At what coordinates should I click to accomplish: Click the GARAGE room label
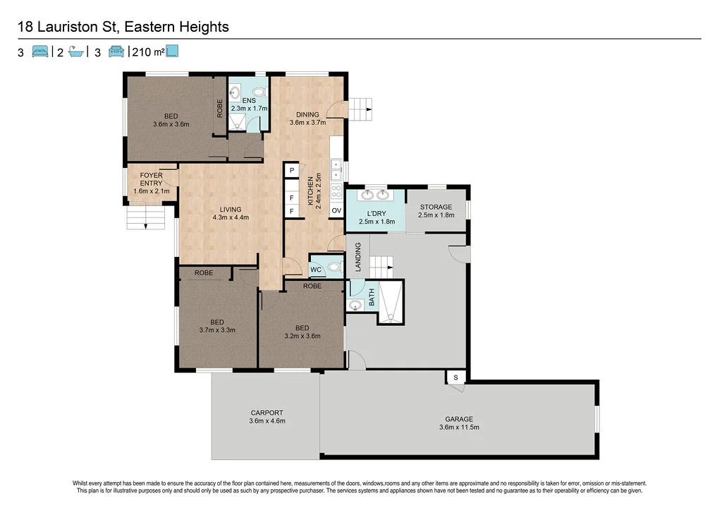pyautogui.click(x=458, y=419)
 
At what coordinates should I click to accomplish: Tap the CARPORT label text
pyautogui.click(x=267, y=413)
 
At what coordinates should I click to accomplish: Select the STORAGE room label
pyautogui.click(x=436, y=207)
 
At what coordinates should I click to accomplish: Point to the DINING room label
pyautogui.click(x=307, y=115)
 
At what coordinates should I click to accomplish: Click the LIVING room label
pyautogui.click(x=231, y=209)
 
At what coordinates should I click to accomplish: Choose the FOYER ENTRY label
pyautogui.click(x=151, y=179)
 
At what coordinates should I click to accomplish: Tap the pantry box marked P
pyautogui.click(x=291, y=171)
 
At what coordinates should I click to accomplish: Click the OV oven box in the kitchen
pyautogui.click(x=336, y=210)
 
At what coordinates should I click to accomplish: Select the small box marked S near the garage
pyautogui.click(x=455, y=378)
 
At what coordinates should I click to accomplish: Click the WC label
pyautogui.click(x=316, y=270)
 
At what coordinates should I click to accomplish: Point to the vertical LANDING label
pyautogui.click(x=357, y=257)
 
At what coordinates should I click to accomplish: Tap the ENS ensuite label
pyautogui.click(x=249, y=100)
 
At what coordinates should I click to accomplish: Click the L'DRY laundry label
pyautogui.click(x=377, y=213)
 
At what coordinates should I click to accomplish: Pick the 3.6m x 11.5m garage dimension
pyautogui.click(x=458, y=427)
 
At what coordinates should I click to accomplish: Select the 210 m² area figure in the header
pyautogui.click(x=148, y=52)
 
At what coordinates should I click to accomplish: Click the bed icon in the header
pyautogui.click(x=40, y=51)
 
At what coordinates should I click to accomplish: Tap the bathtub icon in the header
pyautogui.click(x=76, y=52)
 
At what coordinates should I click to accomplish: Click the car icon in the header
pyautogui.click(x=116, y=51)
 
